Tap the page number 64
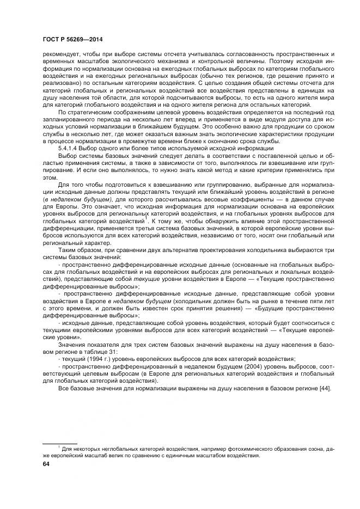click(39, 464)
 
